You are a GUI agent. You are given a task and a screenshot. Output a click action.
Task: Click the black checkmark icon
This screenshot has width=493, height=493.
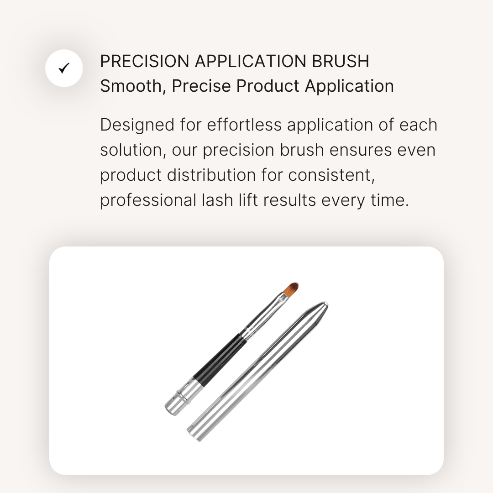click(64, 68)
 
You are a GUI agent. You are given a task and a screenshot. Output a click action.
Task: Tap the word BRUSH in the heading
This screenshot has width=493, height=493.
click(341, 61)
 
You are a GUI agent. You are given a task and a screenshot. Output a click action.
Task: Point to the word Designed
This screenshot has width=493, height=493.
click(137, 125)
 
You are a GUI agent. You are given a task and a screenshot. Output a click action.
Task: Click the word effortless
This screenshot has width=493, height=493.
click(244, 125)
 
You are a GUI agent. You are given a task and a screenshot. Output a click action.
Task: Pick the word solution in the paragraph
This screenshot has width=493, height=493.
click(133, 150)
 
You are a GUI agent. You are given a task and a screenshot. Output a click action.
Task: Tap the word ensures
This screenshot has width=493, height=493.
click(361, 150)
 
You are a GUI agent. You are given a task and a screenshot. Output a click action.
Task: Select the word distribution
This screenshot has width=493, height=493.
click(211, 175)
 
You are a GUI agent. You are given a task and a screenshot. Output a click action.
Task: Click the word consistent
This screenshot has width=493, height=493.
click(331, 175)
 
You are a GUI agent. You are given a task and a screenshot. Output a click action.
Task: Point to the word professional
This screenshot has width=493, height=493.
click(148, 200)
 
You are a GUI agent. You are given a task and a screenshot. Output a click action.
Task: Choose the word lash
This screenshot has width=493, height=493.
click(217, 200)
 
